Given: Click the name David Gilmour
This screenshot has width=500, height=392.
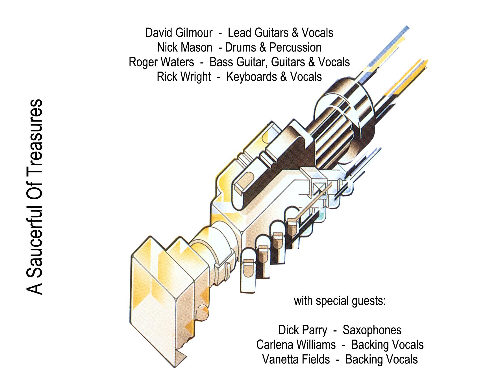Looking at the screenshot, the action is pyautogui.click(x=179, y=33).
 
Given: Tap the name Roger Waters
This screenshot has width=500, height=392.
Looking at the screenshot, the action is pyautogui.click(x=161, y=62).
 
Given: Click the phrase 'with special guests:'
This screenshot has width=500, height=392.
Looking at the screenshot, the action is pyautogui.click(x=340, y=301).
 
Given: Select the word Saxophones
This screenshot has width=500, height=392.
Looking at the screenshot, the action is pyautogui.click(x=372, y=330).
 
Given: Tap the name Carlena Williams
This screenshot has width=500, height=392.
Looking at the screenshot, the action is pyautogui.click(x=296, y=345).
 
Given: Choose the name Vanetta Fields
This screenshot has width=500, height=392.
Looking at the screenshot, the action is pyautogui.click(x=296, y=359).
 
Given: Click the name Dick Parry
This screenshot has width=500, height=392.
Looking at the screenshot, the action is pyautogui.click(x=303, y=330).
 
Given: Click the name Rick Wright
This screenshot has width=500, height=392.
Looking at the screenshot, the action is pyautogui.click(x=184, y=77).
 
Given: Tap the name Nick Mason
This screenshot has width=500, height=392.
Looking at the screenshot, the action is pyautogui.click(x=185, y=47).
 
